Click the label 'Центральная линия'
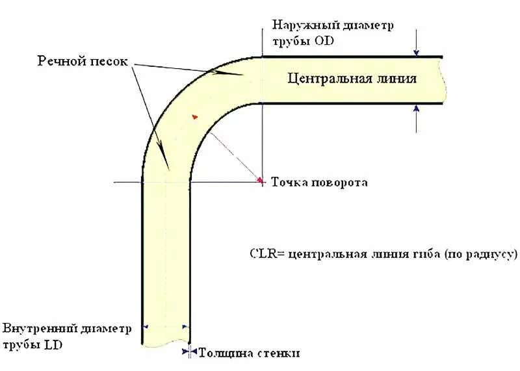click(352, 79)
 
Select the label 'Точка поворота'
click(319, 182)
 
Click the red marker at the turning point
click(261, 180)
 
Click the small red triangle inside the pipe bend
click(193, 116)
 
